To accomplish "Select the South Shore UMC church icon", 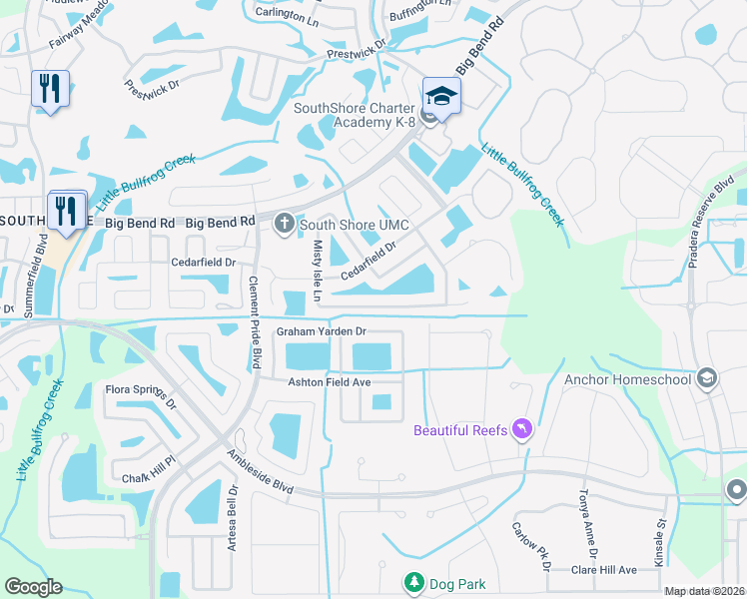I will click(x=285, y=224).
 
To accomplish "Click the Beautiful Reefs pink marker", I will click(x=521, y=430).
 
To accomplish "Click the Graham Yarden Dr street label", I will click(x=323, y=331).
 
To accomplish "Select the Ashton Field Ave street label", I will click(x=330, y=382).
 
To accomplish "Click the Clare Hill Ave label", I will click(x=603, y=570).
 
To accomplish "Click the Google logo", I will click(x=34, y=587).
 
